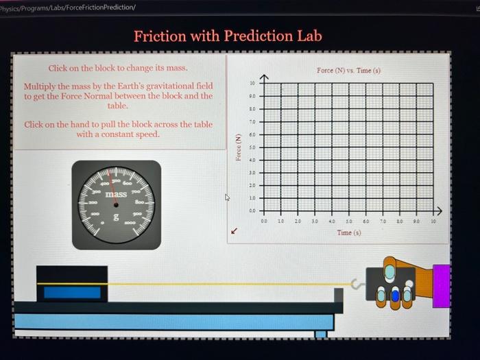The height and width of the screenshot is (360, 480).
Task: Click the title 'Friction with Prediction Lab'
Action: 228,36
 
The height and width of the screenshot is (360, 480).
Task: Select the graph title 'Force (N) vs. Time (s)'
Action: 348,71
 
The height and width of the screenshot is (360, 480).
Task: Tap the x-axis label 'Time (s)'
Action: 348,232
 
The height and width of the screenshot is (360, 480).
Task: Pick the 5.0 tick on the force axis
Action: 252,147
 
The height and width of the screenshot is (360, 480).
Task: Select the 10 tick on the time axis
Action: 433,221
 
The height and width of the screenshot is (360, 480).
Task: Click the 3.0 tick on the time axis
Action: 315,221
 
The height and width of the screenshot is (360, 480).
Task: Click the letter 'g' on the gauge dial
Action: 116,217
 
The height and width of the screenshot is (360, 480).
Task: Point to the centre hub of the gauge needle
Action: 116,204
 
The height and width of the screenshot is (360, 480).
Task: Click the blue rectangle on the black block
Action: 72,292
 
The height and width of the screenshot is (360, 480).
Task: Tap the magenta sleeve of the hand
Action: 441,280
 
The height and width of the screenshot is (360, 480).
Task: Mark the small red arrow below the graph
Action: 235,231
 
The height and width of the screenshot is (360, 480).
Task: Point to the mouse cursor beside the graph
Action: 228,198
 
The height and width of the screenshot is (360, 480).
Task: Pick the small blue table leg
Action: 320,334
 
